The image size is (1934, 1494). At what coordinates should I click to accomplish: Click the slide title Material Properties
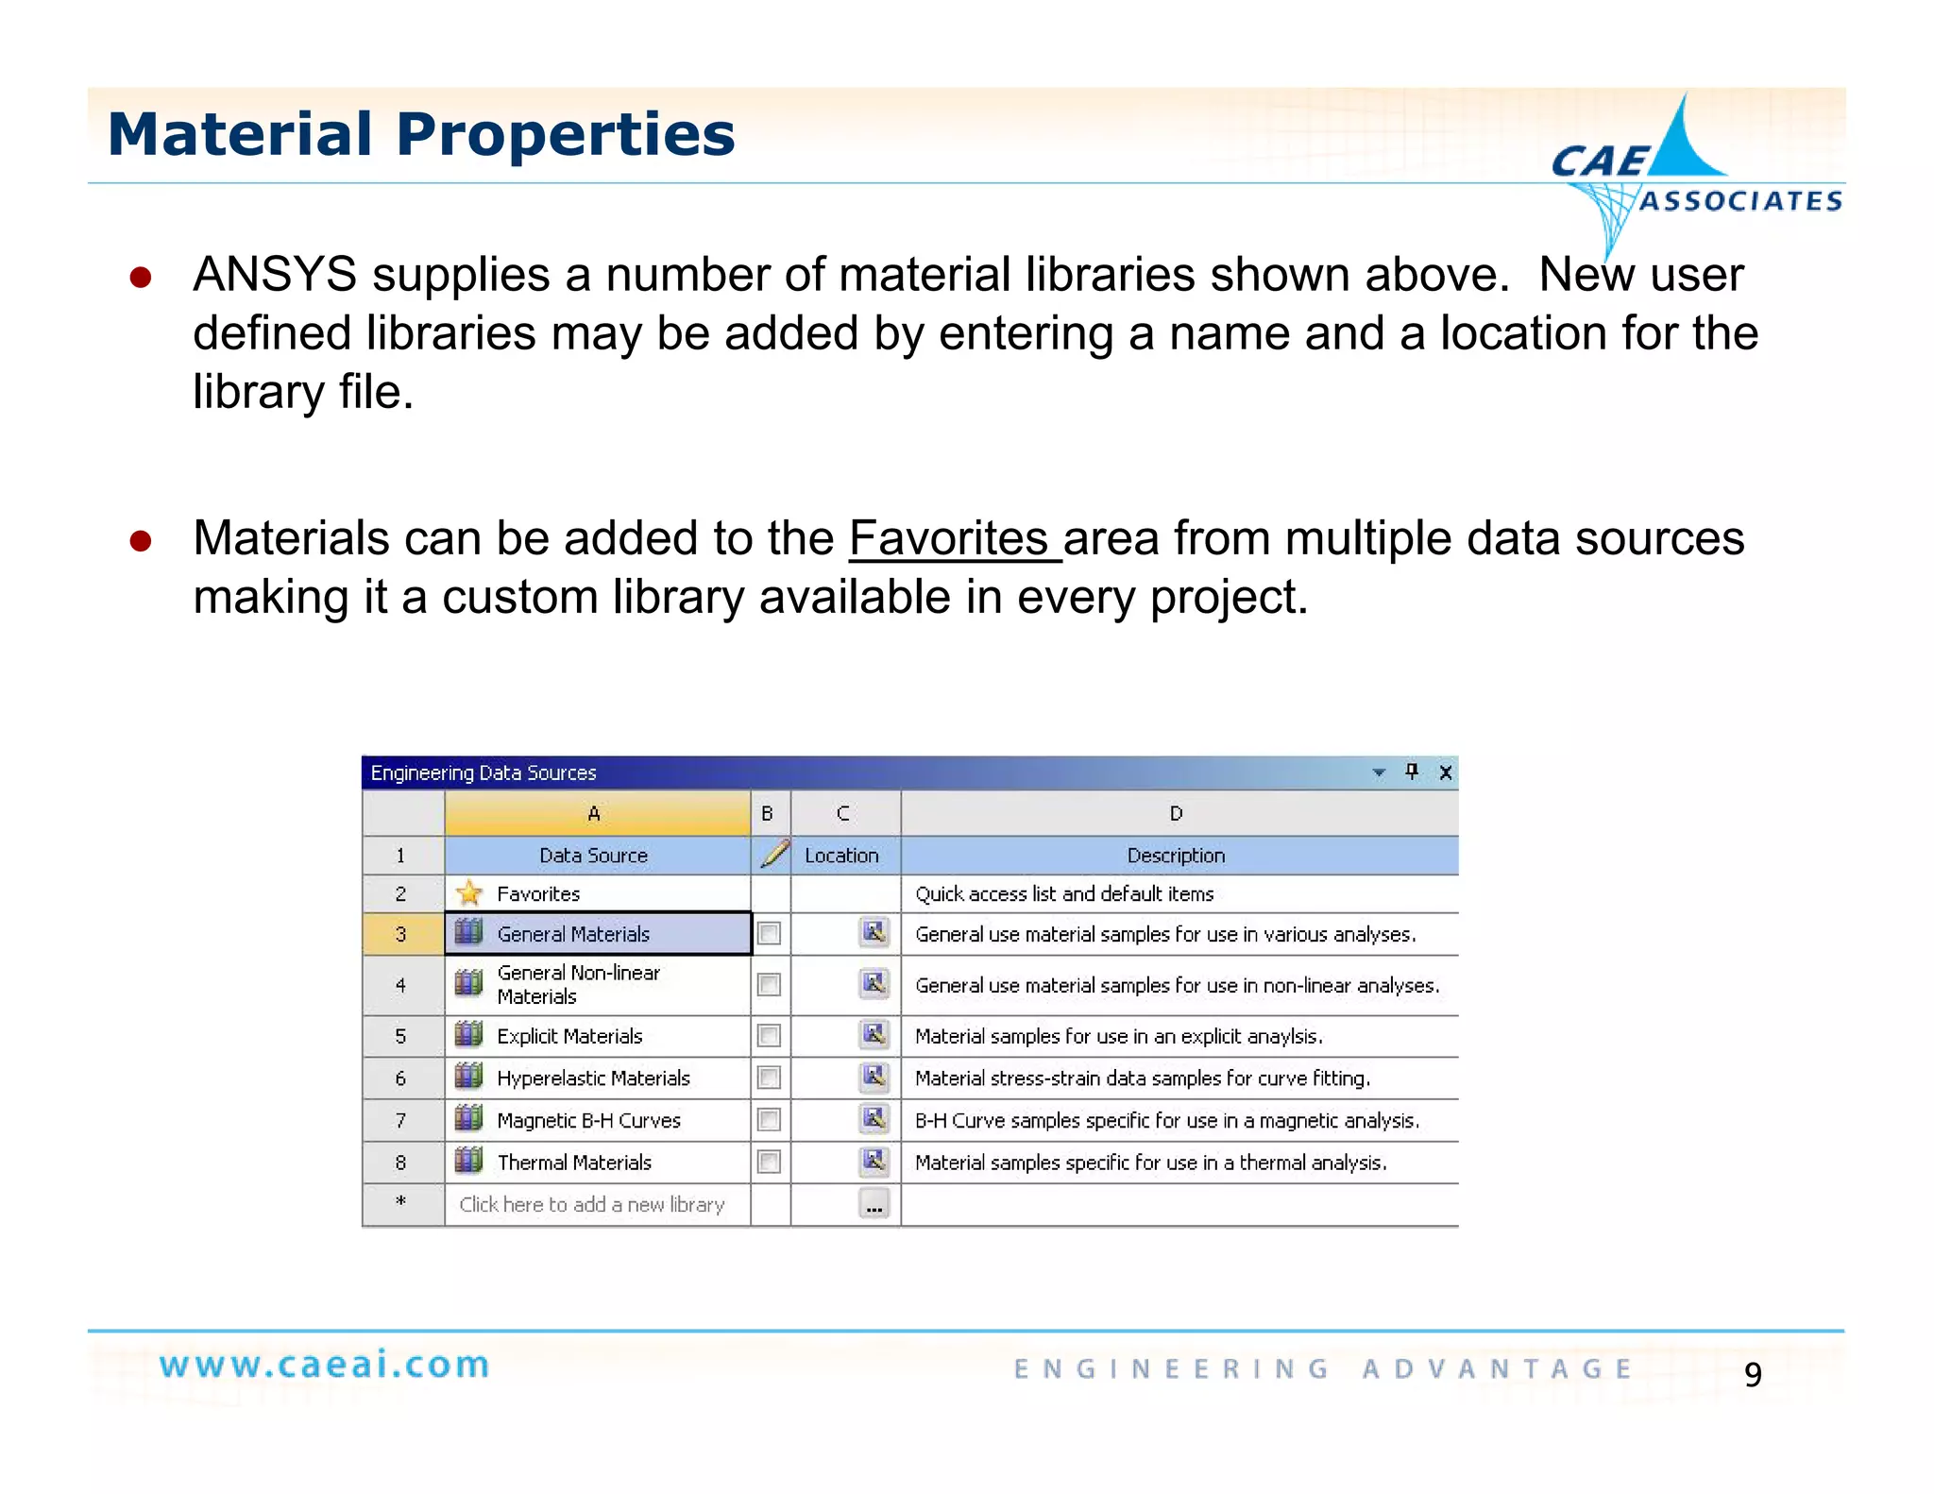point(421,134)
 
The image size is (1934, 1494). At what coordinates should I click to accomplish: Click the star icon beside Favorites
point(468,893)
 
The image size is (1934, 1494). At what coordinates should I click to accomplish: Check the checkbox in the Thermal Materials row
point(770,1162)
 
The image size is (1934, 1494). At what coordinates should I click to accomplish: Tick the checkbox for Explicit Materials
point(770,1036)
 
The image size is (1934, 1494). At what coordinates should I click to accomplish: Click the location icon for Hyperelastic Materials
point(874,1077)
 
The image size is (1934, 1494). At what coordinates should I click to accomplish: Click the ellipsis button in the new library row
point(874,1205)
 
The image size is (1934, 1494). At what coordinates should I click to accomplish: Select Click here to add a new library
point(592,1205)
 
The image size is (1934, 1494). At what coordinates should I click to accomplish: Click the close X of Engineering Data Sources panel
point(1445,772)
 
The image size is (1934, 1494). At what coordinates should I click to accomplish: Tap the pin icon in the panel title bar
point(1412,772)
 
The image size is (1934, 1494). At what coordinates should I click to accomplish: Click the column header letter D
point(1176,813)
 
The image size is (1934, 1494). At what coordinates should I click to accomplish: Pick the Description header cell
point(1176,856)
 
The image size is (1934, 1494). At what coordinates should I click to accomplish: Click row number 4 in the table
point(401,985)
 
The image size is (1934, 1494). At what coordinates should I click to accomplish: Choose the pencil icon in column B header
point(773,855)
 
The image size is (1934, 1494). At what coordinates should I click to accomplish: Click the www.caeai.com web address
point(325,1365)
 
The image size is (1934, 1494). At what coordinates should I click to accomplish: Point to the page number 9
point(1753,1374)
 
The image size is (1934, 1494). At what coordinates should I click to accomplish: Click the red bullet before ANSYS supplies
point(141,277)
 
